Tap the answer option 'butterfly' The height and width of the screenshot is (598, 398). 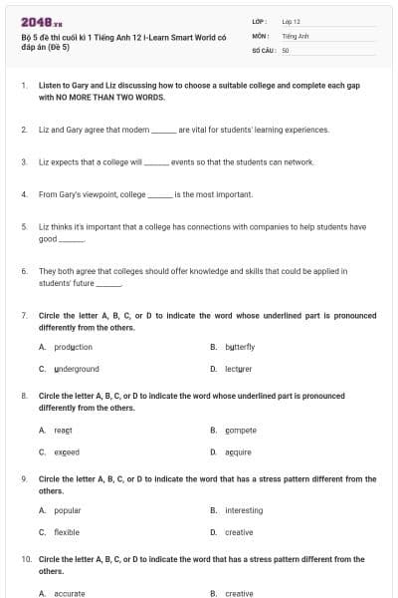pyautogui.click(x=240, y=347)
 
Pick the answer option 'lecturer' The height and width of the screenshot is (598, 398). pyautogui.click(x=239, y=369)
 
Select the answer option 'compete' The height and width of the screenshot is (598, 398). pyautogui.click(x=241, y=430)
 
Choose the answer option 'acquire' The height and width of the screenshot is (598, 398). pyautogui.click(x=239, y=451)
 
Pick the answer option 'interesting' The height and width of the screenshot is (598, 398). pyautogui.click(x=244, y=510)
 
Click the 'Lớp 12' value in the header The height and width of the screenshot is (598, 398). pyautogui.click(x=291, y=20)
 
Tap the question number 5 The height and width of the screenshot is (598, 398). pyautogui.click(x=23, y=226)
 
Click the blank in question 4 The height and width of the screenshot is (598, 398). pyautogui.click(x=160, y=194)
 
